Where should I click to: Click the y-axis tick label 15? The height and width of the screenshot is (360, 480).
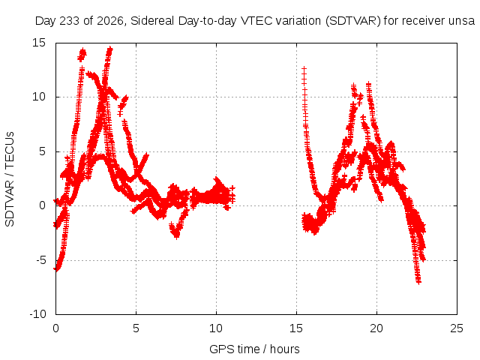(x=39, y=43)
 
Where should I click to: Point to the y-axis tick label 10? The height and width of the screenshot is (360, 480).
(x=39, y=97)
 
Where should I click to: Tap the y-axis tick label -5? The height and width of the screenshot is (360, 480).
(x=41, y=260)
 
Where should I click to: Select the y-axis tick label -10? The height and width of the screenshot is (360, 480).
(x=37, y=314)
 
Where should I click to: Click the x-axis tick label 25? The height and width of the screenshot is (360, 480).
(x=457, y=328)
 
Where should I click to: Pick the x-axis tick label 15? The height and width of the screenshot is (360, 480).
(x=296, y=328)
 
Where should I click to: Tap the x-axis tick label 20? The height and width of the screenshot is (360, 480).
(x=376, y=328)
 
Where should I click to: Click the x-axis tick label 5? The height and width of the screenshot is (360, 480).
(x=136, y=328)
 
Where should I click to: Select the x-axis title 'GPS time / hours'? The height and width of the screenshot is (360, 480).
(x=254, y=349)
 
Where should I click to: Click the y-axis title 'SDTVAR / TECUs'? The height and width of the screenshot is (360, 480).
(x=10, y=179)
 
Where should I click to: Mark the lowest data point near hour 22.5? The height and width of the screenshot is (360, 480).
(x=418, y=282)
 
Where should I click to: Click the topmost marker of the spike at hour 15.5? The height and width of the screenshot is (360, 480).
(x=304, y=68)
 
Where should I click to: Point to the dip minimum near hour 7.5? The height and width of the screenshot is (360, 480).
(x=176, y=236)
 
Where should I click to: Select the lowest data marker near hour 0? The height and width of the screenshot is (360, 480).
(x=56, y=269)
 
